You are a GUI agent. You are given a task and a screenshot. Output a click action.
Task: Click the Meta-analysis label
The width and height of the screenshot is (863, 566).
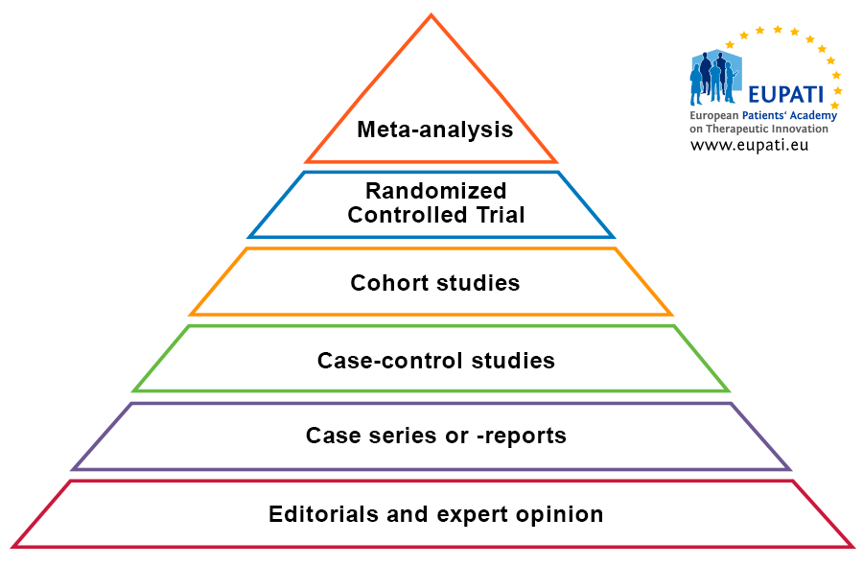click(x=435, y=130)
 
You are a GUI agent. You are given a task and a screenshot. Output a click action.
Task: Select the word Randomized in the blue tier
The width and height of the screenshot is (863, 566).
click(x=435, y=191)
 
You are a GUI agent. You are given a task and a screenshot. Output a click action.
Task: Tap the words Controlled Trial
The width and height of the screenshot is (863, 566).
click(x=436, y=215)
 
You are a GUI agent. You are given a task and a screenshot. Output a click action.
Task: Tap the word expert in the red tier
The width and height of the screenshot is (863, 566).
click(x=472, y=514)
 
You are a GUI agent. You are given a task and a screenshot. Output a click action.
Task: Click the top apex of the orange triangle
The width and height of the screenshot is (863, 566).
click(x=431, y=15)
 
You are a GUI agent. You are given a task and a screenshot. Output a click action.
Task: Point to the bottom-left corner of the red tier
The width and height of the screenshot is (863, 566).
click(x=13, y=547)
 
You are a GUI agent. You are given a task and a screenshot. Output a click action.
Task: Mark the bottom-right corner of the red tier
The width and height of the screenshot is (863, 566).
click(x=851, y=547)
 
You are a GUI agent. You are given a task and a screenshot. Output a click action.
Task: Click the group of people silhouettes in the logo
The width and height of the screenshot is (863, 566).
click(x=712, y=78)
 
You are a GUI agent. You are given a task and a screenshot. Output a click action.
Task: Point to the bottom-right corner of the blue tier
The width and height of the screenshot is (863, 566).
click(x=613, y=236)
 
